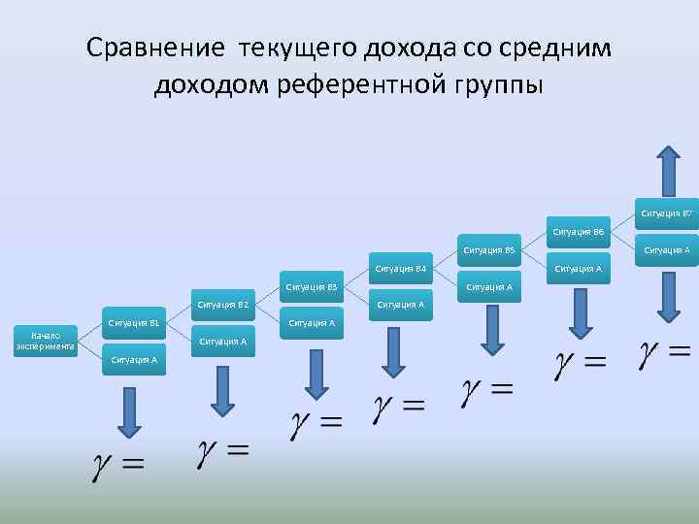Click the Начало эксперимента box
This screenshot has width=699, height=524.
pos(46,342)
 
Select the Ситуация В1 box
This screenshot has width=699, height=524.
pos(134,322)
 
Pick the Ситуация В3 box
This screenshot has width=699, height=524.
pos(312,286)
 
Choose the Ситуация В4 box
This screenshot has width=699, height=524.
pos(400,268)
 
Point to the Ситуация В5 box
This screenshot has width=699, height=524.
pos(488,249)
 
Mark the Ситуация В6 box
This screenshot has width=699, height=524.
pos(579,232)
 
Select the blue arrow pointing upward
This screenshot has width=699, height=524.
pos(668,171)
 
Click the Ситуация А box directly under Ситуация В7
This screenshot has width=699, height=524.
pos(667,250)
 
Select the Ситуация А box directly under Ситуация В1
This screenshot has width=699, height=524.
pos(134,360)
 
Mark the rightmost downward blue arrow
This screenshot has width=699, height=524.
pos(668,297)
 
